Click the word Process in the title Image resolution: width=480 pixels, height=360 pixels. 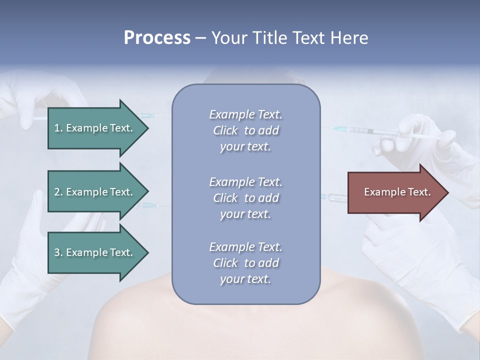(x=157, y=38)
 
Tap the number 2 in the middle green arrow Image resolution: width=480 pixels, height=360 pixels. (x=57, y=192)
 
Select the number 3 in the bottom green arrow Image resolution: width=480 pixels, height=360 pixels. (x=57, y=252)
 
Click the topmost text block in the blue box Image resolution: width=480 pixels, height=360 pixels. (x=245, y=130)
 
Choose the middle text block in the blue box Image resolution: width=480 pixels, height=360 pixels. (x=245, y=198)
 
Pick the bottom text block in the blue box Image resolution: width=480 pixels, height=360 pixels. (x=245, y=263)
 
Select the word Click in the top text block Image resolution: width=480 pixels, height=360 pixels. (x=225, y=130)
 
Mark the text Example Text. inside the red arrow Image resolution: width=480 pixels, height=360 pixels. (x=397, y=192)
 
